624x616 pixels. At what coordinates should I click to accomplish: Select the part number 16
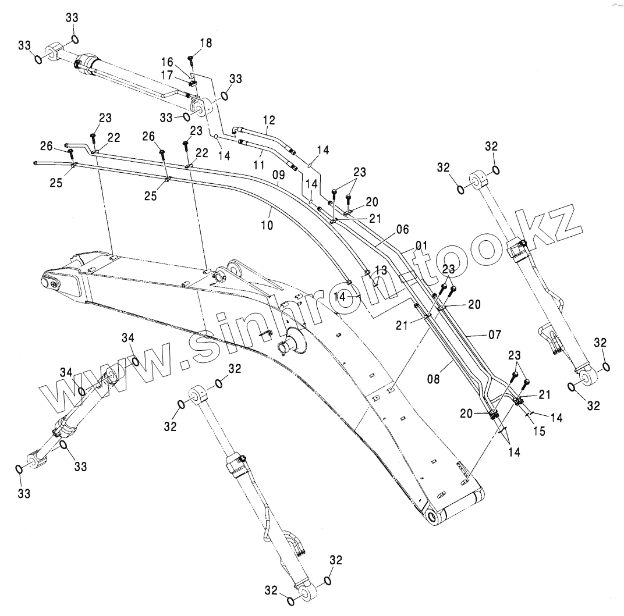point(167,62)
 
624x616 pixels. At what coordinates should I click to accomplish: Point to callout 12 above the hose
point(268,120)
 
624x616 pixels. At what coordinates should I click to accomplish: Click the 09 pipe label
point(278,173)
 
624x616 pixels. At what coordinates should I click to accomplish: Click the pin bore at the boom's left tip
point(50,283)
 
